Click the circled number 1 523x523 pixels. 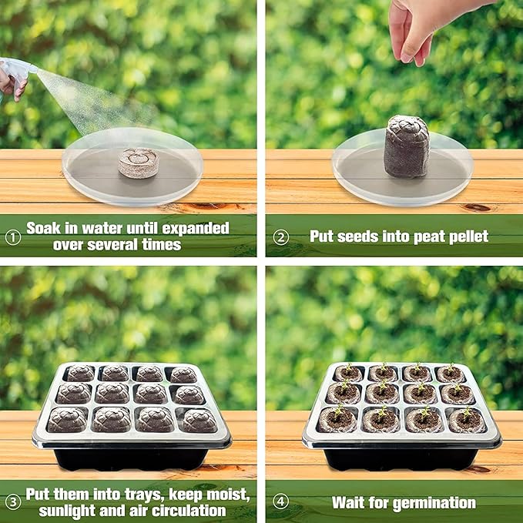12,236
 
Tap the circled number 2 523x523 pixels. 280,236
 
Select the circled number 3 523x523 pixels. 12,503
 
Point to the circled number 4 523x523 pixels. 280,503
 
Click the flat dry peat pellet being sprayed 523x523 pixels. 138,163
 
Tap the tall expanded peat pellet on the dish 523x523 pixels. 406,146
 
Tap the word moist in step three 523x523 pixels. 228,494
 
